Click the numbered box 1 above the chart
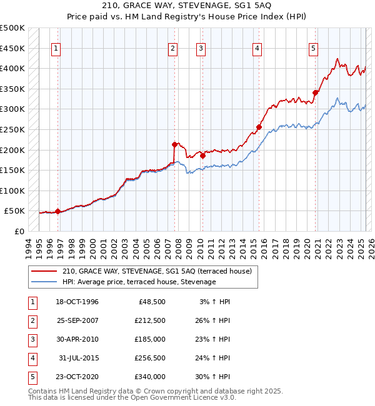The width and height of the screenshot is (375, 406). [56, 49]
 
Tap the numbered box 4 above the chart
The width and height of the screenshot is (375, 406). [257, 49]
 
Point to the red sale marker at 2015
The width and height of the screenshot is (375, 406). [259, 127]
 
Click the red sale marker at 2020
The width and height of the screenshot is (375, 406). [315, 93]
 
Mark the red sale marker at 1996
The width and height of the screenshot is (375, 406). [57, 211]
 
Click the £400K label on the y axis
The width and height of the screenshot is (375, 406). [12, 68]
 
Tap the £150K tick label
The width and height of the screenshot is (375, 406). [12, 170]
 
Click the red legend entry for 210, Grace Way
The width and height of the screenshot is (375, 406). [156, 271]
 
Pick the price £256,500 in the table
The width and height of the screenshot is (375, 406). [150, 359]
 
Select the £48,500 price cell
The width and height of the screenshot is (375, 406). [152, 302]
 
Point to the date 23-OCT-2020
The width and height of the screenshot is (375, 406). [77, 377]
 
